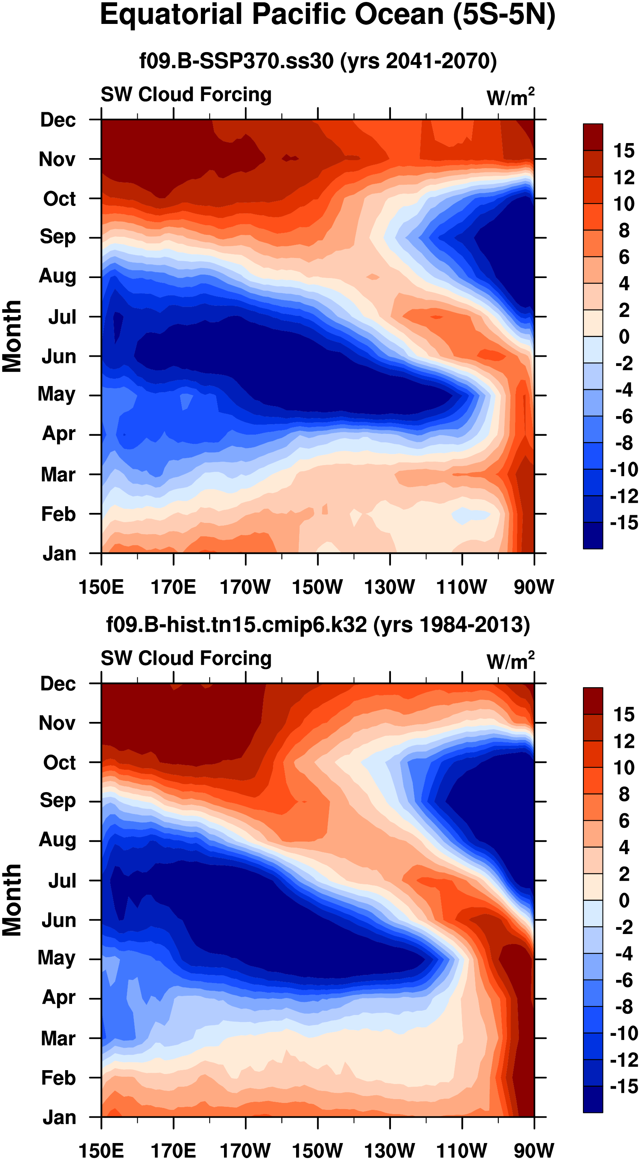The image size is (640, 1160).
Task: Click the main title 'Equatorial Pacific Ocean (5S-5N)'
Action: (x=327, y=15)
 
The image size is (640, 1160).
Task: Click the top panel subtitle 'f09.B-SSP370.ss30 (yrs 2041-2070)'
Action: (x=318, y=61)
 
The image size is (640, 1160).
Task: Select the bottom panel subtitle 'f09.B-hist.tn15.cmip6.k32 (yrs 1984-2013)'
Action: (x=318, y=625)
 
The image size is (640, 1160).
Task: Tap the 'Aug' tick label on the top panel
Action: (x=57, y=276)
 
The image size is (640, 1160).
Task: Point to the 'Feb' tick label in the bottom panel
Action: (x=58, y=1077)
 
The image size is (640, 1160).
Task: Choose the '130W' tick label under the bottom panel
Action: (x=389, y=1150)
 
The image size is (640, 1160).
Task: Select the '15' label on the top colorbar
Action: (x=624, y=150)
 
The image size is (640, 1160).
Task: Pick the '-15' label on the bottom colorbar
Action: (x=624, y=1086)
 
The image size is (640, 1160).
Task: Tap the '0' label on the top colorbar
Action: (x=624, y=336)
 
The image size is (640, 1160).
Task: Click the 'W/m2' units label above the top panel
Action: (x=510, y=97)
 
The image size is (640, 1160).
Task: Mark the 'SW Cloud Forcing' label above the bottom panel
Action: (x=186, y=658)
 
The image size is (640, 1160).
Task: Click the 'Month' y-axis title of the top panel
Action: (x=12, y=336)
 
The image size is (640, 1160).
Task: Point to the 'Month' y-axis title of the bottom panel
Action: (x=12, y=900)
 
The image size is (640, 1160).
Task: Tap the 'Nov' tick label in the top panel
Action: (x=57, y=159)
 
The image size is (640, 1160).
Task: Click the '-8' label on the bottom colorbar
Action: (x=624, y=1007)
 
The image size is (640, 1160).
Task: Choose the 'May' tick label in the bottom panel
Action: (x=57, y=958)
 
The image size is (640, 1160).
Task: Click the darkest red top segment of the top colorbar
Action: (x=593, y=137)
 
